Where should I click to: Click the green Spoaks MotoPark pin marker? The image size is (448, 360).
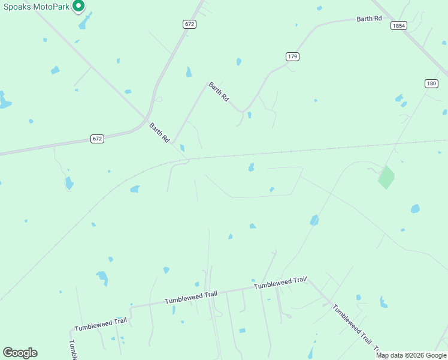pyautogui.click(x=78, y=7)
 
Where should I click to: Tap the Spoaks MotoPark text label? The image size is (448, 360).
pyautogui.click(x=35, y=6)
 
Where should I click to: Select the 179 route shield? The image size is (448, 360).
pyautogui.click(x=292, y=56)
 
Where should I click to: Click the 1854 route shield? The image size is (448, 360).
pyautogui.click(x=398, y=26)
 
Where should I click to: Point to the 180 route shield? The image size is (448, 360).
pyautogui.click(x=431, y=83)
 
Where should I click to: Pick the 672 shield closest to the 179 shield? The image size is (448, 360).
pyautogui.click(x=190, y=25)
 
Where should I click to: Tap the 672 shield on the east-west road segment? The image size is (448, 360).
pyautogui.click(x=98, y=139)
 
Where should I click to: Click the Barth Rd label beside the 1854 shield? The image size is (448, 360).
pyautogui.click(x=369, y=19)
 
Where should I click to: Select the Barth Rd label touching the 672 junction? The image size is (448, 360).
pyautogui.click(x=159, y=133)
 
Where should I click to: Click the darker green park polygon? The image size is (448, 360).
pyautogui.click(x=386, y=177)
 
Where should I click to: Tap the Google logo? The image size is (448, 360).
pyautogui.click(x=20, y=353)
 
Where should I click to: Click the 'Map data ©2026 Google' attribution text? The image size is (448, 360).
pyautogui.click(x=411, y=355)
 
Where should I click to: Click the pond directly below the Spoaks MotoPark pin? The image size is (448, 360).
pyautogui.click(x=84, y=23)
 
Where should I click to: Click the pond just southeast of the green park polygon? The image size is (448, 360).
pyautogui.click(x=415, y=209)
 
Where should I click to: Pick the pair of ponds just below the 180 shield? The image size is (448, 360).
pyautogui.click(x=400, y=100)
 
